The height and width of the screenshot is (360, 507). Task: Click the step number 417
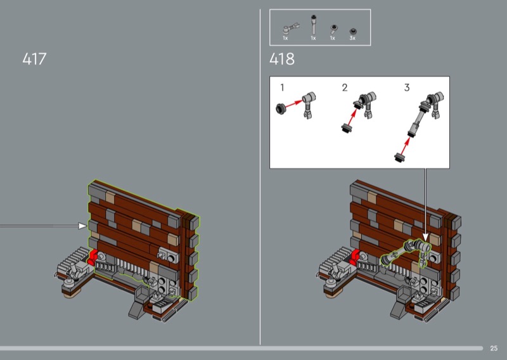pos(34,59)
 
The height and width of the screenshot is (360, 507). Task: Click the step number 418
pos(282,59)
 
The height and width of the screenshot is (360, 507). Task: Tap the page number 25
pos(494,348)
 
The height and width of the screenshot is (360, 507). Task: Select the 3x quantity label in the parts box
pos(352,38)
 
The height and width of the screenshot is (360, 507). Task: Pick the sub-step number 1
pos(282,87)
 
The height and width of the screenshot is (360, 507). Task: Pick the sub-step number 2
pos(345,87)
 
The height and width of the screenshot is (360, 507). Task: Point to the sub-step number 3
pos(407,87)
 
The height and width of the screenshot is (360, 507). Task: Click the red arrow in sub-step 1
pos(294,104)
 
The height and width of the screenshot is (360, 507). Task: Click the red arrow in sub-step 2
pos(352,116)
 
